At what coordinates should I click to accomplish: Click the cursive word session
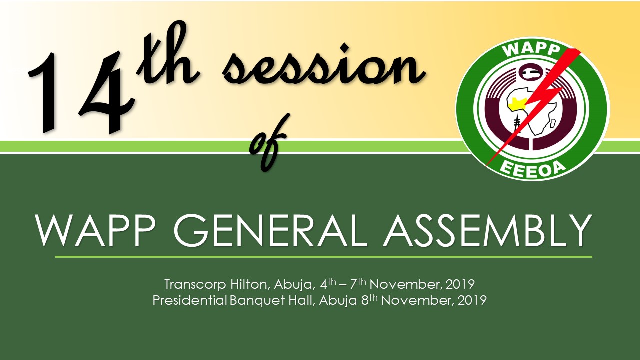323,64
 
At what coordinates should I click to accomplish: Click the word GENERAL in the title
270,230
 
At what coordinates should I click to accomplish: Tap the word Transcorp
195,285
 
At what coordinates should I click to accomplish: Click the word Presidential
190,300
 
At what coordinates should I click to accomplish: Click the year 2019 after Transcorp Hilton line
460,284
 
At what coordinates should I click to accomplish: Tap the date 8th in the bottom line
369,299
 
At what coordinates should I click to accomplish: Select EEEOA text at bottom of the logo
533,169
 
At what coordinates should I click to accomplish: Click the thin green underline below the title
324,257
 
